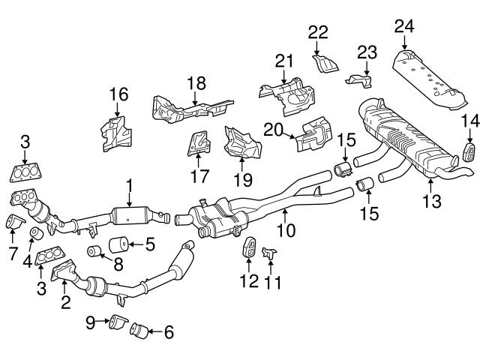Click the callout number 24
click(x=404, y=28)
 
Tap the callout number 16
click(x=118, y=94)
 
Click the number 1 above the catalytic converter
click(x=129, y=184)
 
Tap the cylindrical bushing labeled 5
click(x=118, y=244)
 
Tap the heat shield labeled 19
click(x=241, y=142)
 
